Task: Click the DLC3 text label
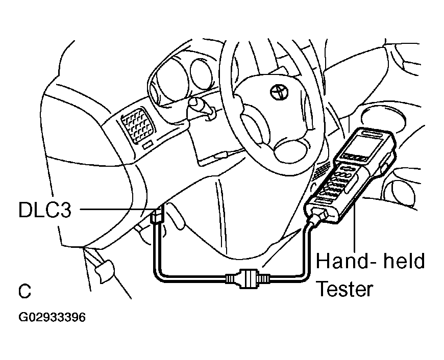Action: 45,210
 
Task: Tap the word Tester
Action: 344,289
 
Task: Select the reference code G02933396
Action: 52,317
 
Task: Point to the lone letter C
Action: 24,291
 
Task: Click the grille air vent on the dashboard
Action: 138,125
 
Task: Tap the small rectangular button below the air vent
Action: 147,145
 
